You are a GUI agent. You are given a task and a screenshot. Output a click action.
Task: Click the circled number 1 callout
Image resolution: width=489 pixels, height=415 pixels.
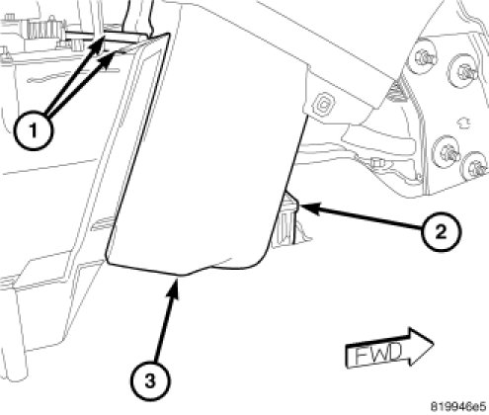(x=34, y=131)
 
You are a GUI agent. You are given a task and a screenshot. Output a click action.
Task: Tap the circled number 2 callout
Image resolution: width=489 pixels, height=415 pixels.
(x=442, y=232)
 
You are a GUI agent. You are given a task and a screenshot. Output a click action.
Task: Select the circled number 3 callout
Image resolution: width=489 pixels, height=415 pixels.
(x=150, y=381)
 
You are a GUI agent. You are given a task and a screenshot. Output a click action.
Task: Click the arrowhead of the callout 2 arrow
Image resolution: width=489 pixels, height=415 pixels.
(x=309, y=208)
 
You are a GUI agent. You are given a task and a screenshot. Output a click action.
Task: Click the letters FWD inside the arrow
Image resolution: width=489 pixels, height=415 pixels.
(x=378, y=354)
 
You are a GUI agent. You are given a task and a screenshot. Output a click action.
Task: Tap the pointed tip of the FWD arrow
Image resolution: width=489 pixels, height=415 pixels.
(x=433, y=343)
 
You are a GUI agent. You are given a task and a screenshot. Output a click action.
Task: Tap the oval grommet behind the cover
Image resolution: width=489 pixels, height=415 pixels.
(x=324, y=105)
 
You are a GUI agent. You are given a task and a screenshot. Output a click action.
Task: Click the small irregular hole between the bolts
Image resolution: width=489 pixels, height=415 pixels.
(x=463, y=123)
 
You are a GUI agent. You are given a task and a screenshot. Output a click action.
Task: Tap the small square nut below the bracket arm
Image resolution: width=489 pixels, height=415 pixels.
(x=374, y=162)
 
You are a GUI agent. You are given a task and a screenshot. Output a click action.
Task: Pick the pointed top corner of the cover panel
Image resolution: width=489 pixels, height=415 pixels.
(x=169, y=34)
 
